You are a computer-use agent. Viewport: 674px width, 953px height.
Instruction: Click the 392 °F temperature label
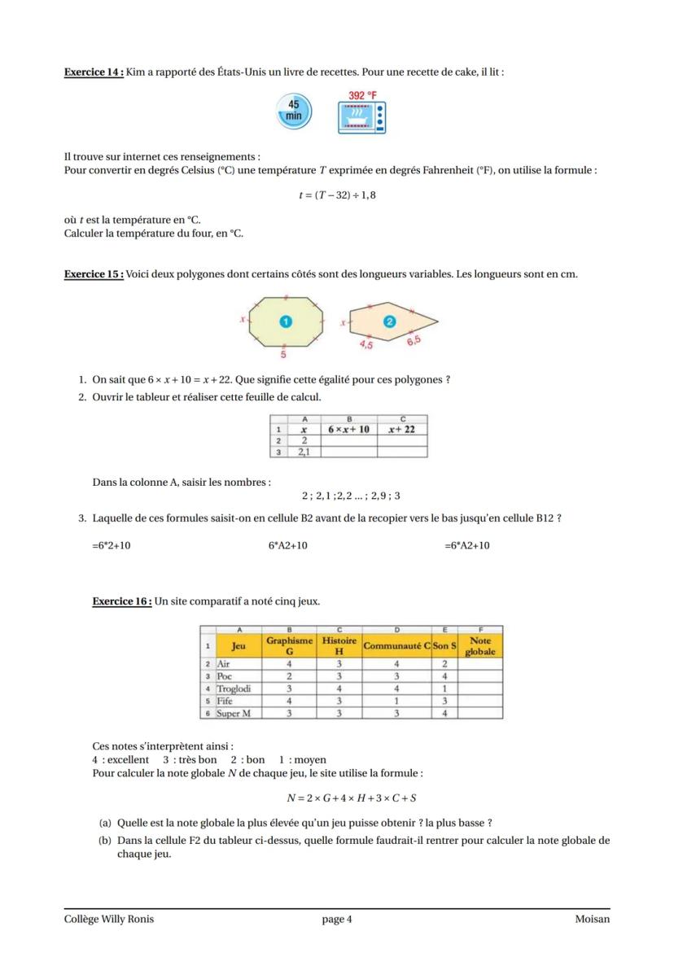[362, 95]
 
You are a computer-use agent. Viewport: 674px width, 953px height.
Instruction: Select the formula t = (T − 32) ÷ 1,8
[337, 195]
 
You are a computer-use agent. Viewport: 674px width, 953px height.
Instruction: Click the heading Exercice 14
[94, 72]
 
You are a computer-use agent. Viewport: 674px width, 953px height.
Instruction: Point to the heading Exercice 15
[94, 274]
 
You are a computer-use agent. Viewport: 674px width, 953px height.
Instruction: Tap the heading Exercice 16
[122, 601]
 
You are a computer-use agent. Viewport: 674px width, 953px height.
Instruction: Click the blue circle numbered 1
[285, 321]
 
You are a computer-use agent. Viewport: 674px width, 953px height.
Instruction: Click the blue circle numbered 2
[389, 322]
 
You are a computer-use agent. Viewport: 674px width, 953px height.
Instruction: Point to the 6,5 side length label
[414, 340]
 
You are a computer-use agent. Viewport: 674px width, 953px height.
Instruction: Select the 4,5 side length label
[366, 345]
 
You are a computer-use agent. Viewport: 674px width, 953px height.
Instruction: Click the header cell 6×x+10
[348, 429]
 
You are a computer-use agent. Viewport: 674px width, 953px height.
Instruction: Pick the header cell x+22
[401, 429]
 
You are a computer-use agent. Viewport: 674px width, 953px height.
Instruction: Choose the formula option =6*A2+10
[467, 545]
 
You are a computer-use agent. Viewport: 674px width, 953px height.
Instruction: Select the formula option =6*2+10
[112, 545]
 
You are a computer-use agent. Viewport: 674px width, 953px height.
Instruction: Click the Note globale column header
[480, 646]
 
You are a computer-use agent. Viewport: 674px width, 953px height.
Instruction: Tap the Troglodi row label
[234, 689]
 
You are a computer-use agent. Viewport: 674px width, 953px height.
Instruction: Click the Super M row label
[234, 713]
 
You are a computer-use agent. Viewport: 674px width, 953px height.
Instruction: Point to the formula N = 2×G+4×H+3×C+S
[352, 798]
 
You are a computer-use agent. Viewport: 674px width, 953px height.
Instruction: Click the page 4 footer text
[337, 920]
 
